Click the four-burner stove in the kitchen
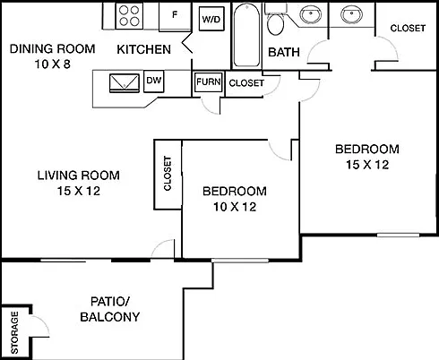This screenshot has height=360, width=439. pos(129,16)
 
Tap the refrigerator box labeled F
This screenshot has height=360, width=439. pos(175,16)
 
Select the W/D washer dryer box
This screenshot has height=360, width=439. pos(211,19)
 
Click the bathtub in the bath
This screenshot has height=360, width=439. pos(246,35)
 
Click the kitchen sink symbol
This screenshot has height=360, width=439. pos(125,83)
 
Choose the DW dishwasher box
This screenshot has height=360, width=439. pos(154,81)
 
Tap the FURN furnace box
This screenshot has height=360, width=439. pos(209,81)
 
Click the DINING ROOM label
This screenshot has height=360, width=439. pos(53,48)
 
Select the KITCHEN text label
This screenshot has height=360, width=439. pos(143,49)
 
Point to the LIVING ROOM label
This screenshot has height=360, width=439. pos(79,176)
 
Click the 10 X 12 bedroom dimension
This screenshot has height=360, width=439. pos(235,207)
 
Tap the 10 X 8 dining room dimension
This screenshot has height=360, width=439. pos(53,64)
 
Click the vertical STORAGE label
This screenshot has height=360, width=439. pos(14,332)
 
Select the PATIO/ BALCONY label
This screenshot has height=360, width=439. pos(110,309)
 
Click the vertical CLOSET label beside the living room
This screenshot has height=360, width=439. pos(168,173)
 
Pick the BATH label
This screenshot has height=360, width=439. pos(284,52)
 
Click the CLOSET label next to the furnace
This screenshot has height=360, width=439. pos(246,83)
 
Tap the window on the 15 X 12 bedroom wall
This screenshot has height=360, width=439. pos(398,236)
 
